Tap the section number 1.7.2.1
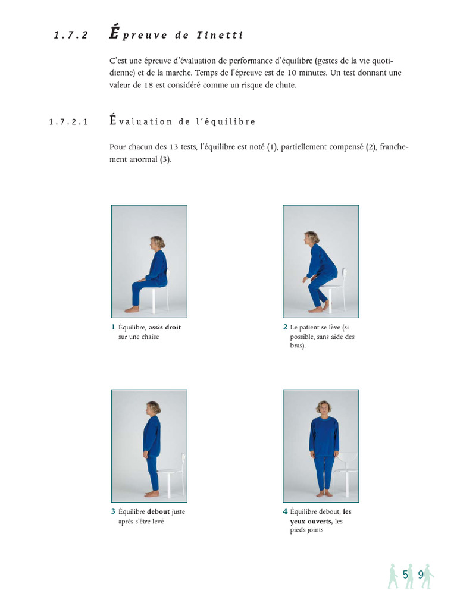coord(68,122)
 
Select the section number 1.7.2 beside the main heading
coord(71,36)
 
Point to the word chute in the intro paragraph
coord(282,85)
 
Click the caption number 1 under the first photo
coord(113,327)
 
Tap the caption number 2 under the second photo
coord(285,327)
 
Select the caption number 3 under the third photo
coord(113,511)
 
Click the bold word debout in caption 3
coord(158,511)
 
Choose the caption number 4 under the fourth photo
coord(285,511)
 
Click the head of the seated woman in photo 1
coord(158,243)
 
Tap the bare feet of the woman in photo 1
coord(132,309)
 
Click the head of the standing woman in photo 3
coord(153,409)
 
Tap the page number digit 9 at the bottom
coord(421,575)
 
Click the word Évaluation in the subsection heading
coord(140,121)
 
